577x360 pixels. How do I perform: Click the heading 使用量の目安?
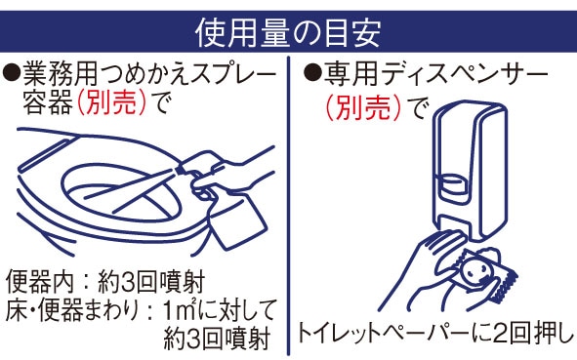coord(288,33)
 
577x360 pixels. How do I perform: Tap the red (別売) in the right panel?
coord(363,107)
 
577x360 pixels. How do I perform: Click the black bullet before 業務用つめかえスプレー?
coord(12,72)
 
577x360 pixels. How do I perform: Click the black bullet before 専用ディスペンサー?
coord(312,72)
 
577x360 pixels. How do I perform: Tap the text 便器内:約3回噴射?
coord(105,282)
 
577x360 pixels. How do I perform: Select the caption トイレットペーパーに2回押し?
coord(435,333)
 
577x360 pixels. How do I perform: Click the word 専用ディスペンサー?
coord(435,73)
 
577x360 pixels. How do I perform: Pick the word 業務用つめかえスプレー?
coord(149,73)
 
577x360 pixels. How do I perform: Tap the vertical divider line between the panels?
coord(288,206)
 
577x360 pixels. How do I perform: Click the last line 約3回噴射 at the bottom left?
coord(217,340)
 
